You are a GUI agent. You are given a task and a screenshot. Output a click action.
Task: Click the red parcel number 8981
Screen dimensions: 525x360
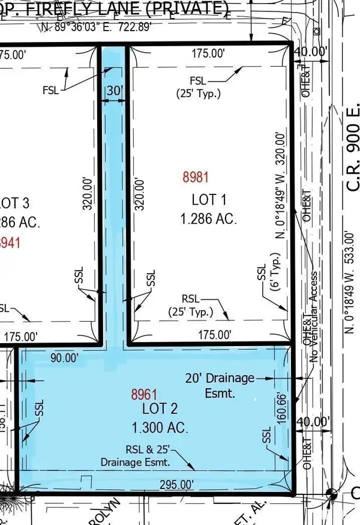point(196,177)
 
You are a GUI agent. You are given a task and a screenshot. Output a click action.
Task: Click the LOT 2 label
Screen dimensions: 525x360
point(160,411)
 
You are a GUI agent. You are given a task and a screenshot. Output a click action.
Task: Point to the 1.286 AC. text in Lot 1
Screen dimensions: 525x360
point(208,219)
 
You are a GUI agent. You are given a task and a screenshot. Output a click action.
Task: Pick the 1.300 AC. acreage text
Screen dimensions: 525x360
point(160,428)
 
